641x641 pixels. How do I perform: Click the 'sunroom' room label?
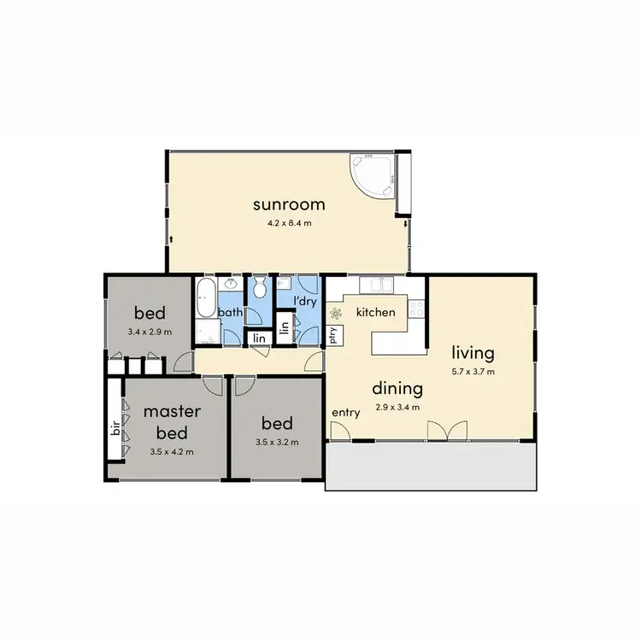pos(288,204)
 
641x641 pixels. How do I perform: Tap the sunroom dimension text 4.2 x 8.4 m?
pos(288,226)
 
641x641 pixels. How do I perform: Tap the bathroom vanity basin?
pos(230,285)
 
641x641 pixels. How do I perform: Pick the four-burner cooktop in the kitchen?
pos(417,309)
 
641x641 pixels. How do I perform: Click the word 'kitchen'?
pos(375,312)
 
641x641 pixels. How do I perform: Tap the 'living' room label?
pos(474,352)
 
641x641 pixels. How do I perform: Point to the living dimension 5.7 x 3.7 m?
pos(474,372)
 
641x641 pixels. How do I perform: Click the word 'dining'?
pos(397,389)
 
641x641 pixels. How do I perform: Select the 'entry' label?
pos(346,413)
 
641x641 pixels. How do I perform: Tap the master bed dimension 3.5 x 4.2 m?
pos(171,451)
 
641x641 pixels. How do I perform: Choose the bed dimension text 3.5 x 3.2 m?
pos(277,443)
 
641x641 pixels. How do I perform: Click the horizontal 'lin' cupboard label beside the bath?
pos(256,338)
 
